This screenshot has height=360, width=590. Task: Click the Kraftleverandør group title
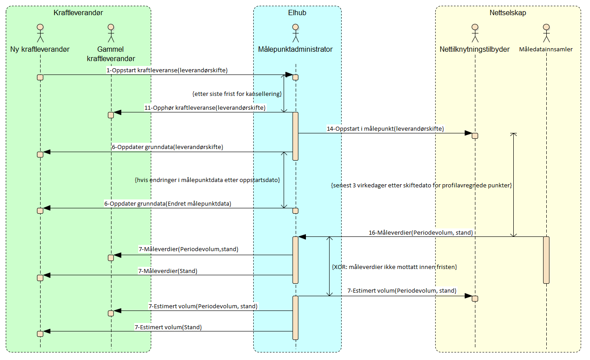tap(78, 13)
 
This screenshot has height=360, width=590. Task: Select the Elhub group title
tap(297, 13)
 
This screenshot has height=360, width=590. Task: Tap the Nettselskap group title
tap(507, 13)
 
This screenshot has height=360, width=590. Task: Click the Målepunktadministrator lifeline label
tap(295, 50)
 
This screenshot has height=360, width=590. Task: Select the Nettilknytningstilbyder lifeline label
tap(474, 50)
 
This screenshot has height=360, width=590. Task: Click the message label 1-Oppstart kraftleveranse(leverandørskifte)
tap(167, 70)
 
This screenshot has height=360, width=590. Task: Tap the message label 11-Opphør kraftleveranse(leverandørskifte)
tap(205, 108)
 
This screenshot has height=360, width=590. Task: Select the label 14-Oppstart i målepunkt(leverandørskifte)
tap(385, 128)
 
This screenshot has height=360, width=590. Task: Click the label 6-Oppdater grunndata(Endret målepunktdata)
tap(168, 203)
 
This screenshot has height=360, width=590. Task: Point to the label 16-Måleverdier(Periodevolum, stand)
tap(421, 232)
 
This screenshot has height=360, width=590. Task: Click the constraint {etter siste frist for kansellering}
tap(236, 94)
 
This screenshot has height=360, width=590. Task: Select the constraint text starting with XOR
tap(394, 267)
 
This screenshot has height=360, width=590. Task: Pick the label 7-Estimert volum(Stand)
tap(168, 327)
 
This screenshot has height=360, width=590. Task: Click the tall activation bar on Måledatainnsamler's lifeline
tap(546, 260)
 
